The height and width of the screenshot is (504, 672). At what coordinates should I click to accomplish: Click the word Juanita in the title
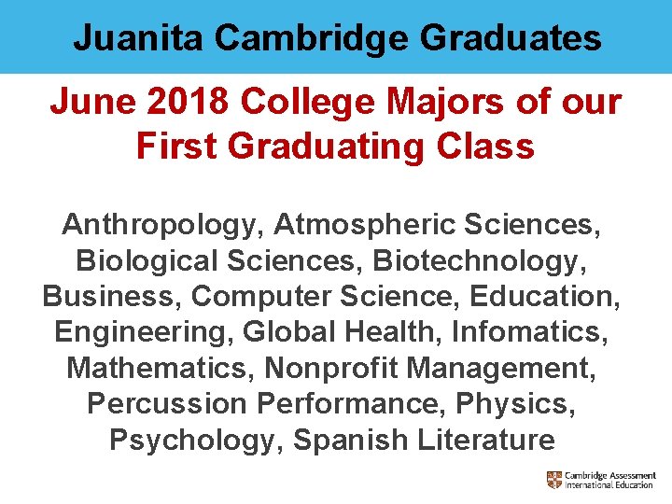(139, 38)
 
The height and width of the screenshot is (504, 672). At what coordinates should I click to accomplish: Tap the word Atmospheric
(367, 224)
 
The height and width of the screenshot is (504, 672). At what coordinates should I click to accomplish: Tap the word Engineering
(144, 331)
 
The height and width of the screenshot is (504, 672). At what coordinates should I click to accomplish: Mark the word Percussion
(166, 403)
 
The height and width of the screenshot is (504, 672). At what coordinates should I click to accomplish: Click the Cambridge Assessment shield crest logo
(554, 480)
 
